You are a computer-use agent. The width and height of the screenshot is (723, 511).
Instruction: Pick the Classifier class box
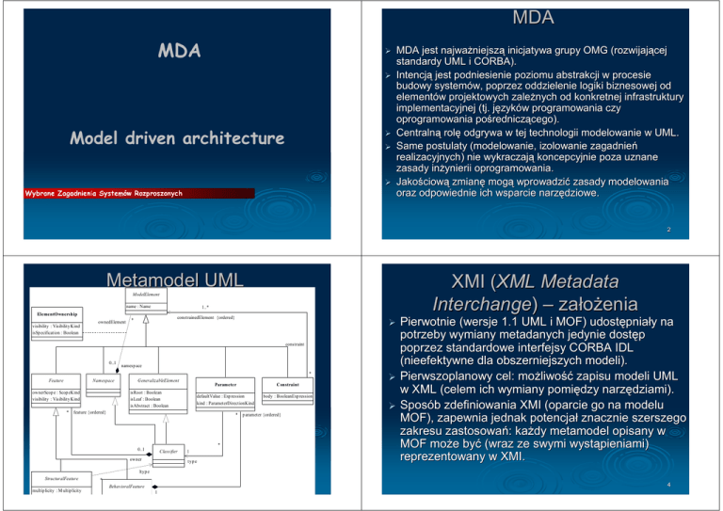coord(169,453)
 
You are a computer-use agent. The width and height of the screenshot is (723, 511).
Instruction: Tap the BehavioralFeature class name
coord(127,490)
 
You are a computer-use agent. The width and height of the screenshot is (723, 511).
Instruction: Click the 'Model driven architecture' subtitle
coord(177,137)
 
